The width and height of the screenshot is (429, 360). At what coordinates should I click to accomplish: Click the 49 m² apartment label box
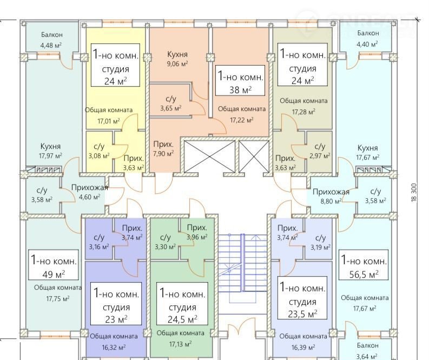[x=54, y=265]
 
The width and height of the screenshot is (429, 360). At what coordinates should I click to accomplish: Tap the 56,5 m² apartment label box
[x=364, y=265]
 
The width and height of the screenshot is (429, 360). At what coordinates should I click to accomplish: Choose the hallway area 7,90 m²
[x=163, y=154]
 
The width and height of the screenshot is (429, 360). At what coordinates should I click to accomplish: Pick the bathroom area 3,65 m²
[x=170, y=108]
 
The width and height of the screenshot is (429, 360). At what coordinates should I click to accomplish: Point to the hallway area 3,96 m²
[x=197, y=237]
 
